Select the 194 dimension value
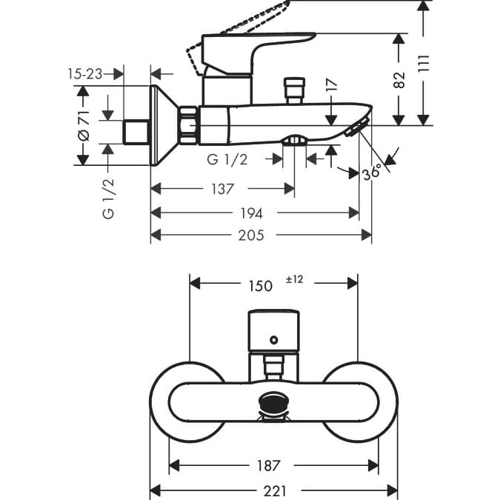252,213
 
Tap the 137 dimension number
222,189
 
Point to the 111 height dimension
423,64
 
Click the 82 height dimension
400,79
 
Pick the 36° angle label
371,172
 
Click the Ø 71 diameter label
83,125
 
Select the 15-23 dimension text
84,73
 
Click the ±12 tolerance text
294,280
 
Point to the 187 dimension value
268,466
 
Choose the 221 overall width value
273,490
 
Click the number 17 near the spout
331,85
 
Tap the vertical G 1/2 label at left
108,198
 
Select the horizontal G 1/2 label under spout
227,159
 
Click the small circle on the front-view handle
274,340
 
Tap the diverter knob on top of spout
294,90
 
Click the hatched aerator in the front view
273,404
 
